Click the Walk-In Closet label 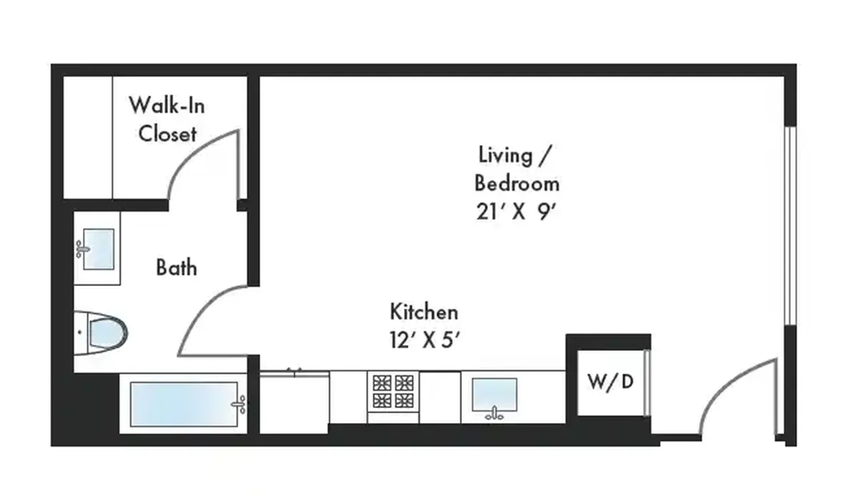(x=167, y=119)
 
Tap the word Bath (x=177, y=267)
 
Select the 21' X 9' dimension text (x=516, y=212)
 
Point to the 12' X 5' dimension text (x=425, y=339)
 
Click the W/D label (x=611, y=382)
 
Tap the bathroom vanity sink (x=99, y=249)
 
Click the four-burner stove (x=393, y=392)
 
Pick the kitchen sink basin (x=495, y=395)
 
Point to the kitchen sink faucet (x=494, y=414)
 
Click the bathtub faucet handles (x=239, y=405)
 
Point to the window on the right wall (x=790, y=226)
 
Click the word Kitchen (x=424, y=312)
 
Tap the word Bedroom (x=517, y=184)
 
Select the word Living (x=506, y=155)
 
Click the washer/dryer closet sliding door (x=646, y=382)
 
